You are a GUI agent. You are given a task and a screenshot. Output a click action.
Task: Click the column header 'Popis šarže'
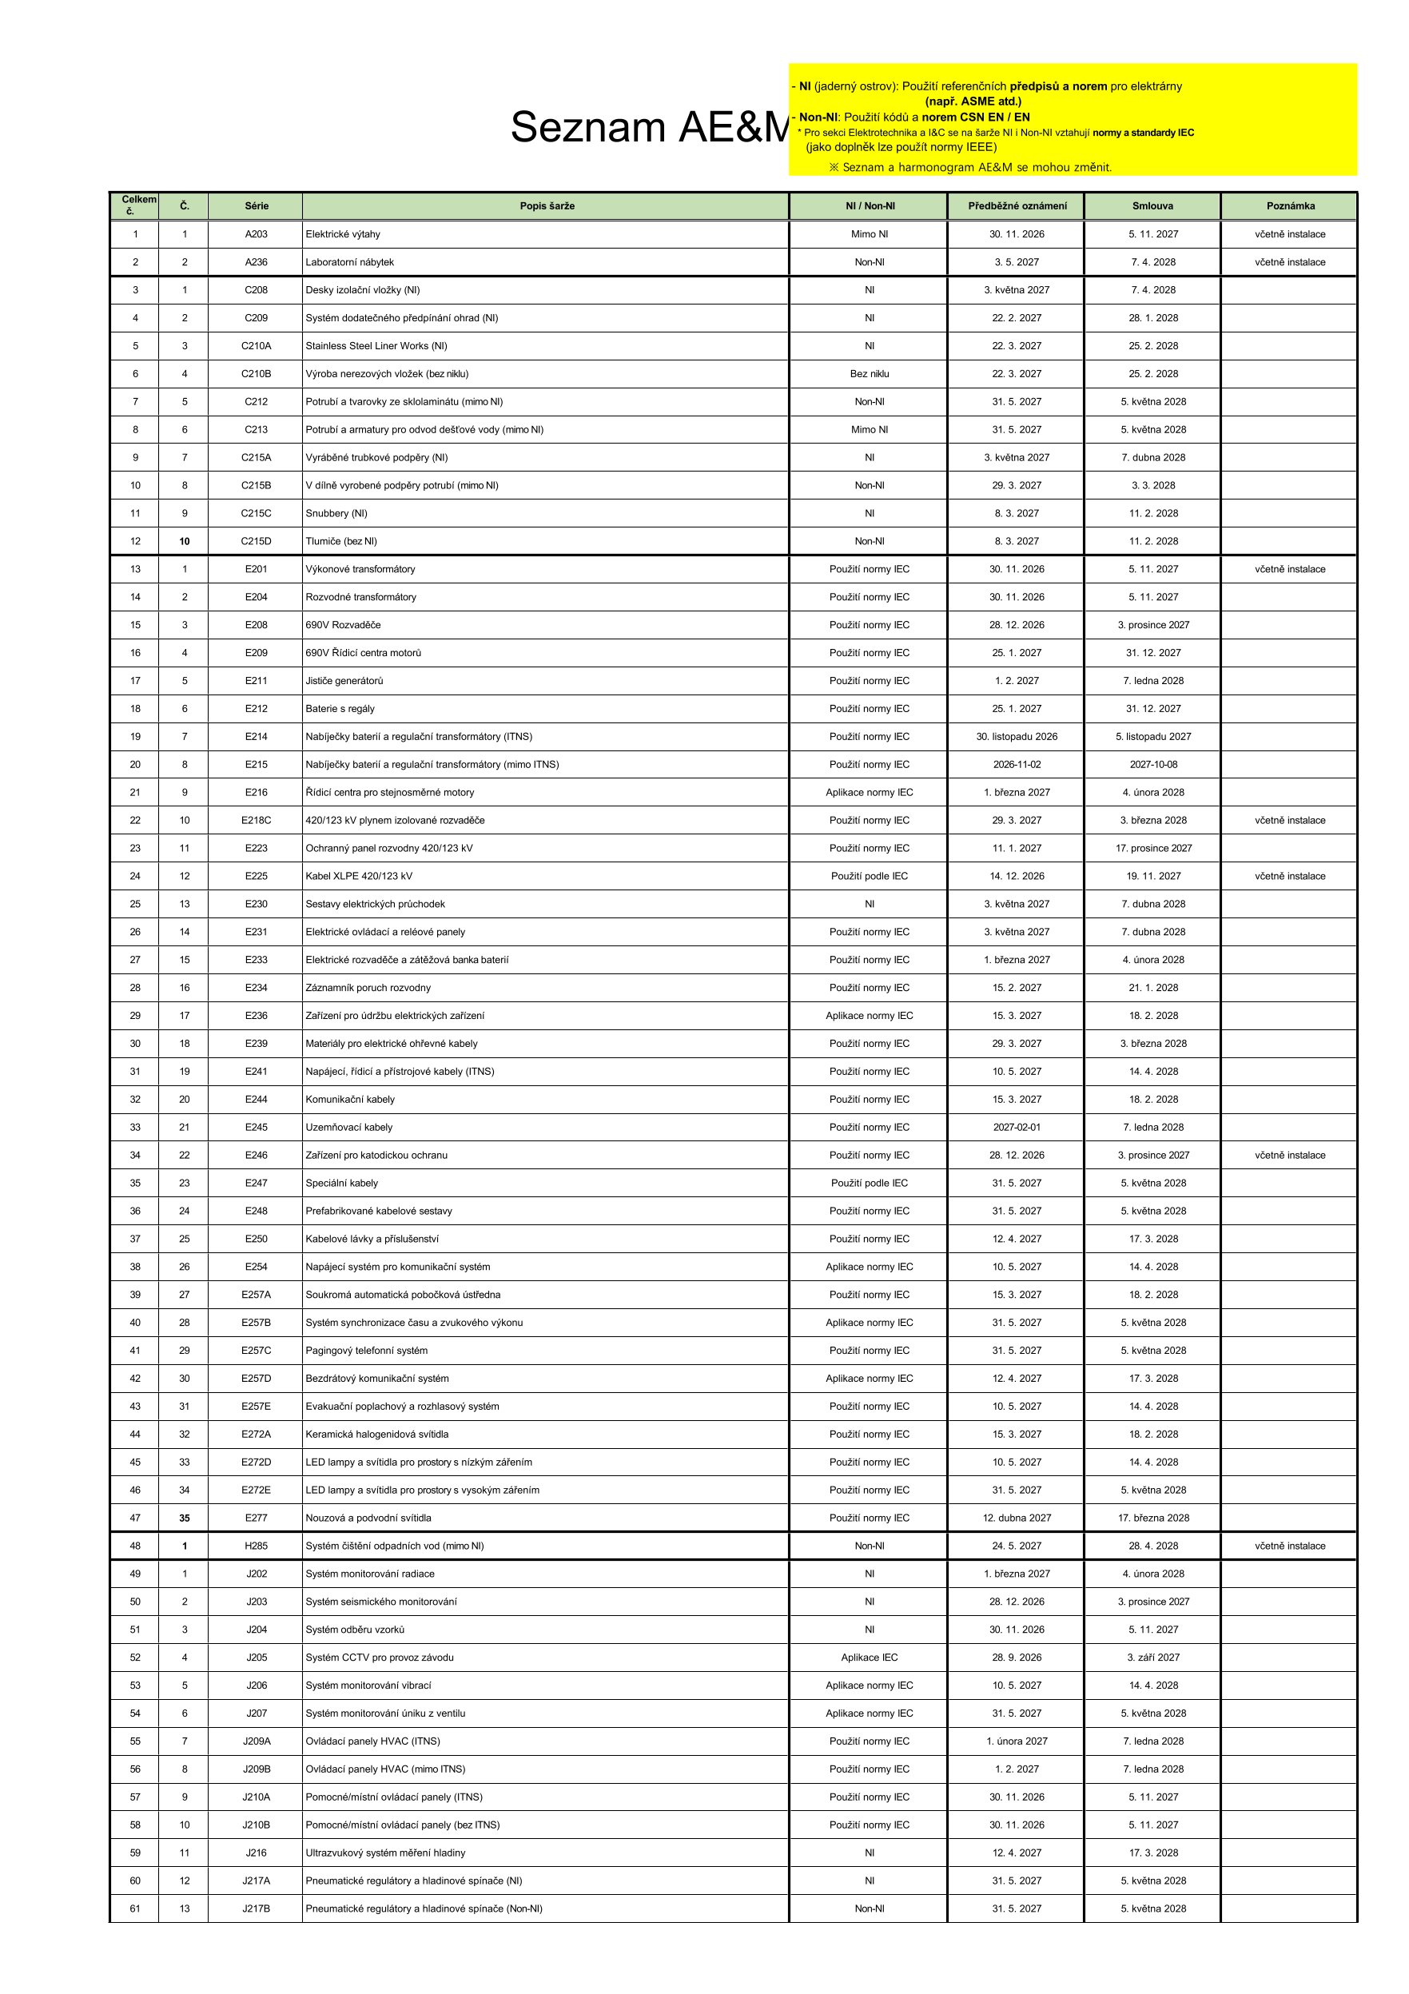pos(547,206)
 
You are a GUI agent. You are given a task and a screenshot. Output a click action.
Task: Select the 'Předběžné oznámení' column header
pos(1017,206)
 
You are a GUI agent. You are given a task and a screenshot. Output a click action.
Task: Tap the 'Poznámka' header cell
pos(1290,206)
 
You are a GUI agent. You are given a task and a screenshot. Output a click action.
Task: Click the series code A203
pos(257,234)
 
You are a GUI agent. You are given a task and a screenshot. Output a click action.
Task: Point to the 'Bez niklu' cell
pos(869,374)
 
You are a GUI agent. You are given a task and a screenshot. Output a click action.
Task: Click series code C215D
pos(257,542)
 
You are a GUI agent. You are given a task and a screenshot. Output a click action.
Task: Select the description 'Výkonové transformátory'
pos(360,570)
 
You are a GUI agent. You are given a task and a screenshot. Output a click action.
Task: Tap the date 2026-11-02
pos(1017,765)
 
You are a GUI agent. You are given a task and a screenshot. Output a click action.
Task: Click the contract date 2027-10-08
pos(1152,765)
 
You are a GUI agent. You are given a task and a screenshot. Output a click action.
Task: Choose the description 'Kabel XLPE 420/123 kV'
pos(358,876)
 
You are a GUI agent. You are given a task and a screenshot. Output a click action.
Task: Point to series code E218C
pos(257,821)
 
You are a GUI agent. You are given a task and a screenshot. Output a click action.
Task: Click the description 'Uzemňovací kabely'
pos(348,1128)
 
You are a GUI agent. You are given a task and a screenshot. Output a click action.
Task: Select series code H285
pos(257,1546)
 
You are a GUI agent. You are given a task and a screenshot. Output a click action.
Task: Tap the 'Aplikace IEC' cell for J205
pos(869,1658)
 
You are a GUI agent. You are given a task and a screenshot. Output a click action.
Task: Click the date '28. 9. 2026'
pos(1017,1658)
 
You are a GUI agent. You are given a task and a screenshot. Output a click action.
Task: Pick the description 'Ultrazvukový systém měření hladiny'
pos(385,1853)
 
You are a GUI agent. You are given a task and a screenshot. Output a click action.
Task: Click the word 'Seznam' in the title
pos(587,128)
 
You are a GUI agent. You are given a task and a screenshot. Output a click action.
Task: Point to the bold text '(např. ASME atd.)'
pos(973,101)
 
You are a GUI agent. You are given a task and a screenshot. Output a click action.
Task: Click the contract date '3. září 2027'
pos(1152,1658)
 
